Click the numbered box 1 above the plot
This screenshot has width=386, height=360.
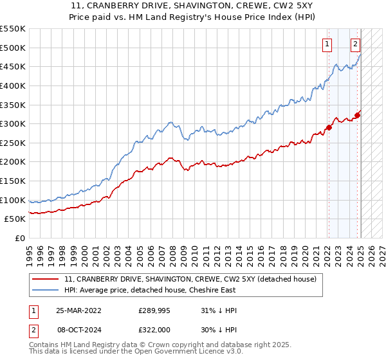(327, 44)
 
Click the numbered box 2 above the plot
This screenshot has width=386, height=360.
(355, 44)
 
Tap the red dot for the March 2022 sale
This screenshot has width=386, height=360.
(328, 127)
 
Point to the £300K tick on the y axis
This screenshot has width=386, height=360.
(13, 123)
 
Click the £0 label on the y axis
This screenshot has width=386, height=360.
(20, 238)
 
